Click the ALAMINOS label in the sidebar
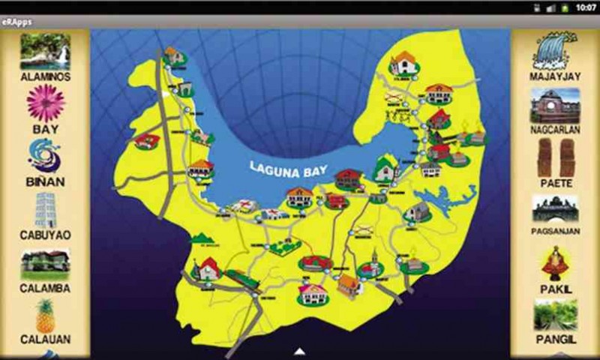45,76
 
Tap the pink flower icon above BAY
45,103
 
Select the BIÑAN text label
45,181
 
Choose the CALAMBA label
45,287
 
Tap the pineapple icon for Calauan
45,315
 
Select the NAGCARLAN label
555,129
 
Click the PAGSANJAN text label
555,231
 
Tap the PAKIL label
555,287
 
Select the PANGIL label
555,339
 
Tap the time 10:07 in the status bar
586,7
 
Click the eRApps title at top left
16,22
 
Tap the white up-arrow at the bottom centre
299,351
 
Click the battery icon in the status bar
564,7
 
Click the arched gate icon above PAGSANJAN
555,208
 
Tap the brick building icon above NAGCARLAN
555,105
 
